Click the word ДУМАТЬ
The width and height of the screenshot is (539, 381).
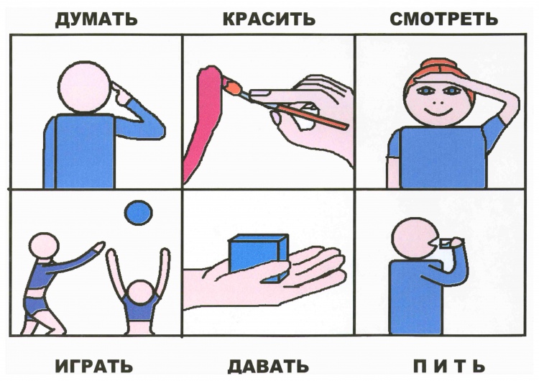96,19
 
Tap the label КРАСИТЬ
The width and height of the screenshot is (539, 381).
269,19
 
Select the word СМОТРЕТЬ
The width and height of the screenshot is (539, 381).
444,19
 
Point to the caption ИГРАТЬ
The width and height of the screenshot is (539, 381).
94,365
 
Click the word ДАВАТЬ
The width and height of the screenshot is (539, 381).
268,365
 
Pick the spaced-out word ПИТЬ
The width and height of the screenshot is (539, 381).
449,365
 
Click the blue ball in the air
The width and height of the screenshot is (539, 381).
138,213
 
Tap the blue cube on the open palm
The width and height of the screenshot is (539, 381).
259,258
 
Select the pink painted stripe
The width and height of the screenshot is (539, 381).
203,120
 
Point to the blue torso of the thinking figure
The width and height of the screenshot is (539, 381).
84,151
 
